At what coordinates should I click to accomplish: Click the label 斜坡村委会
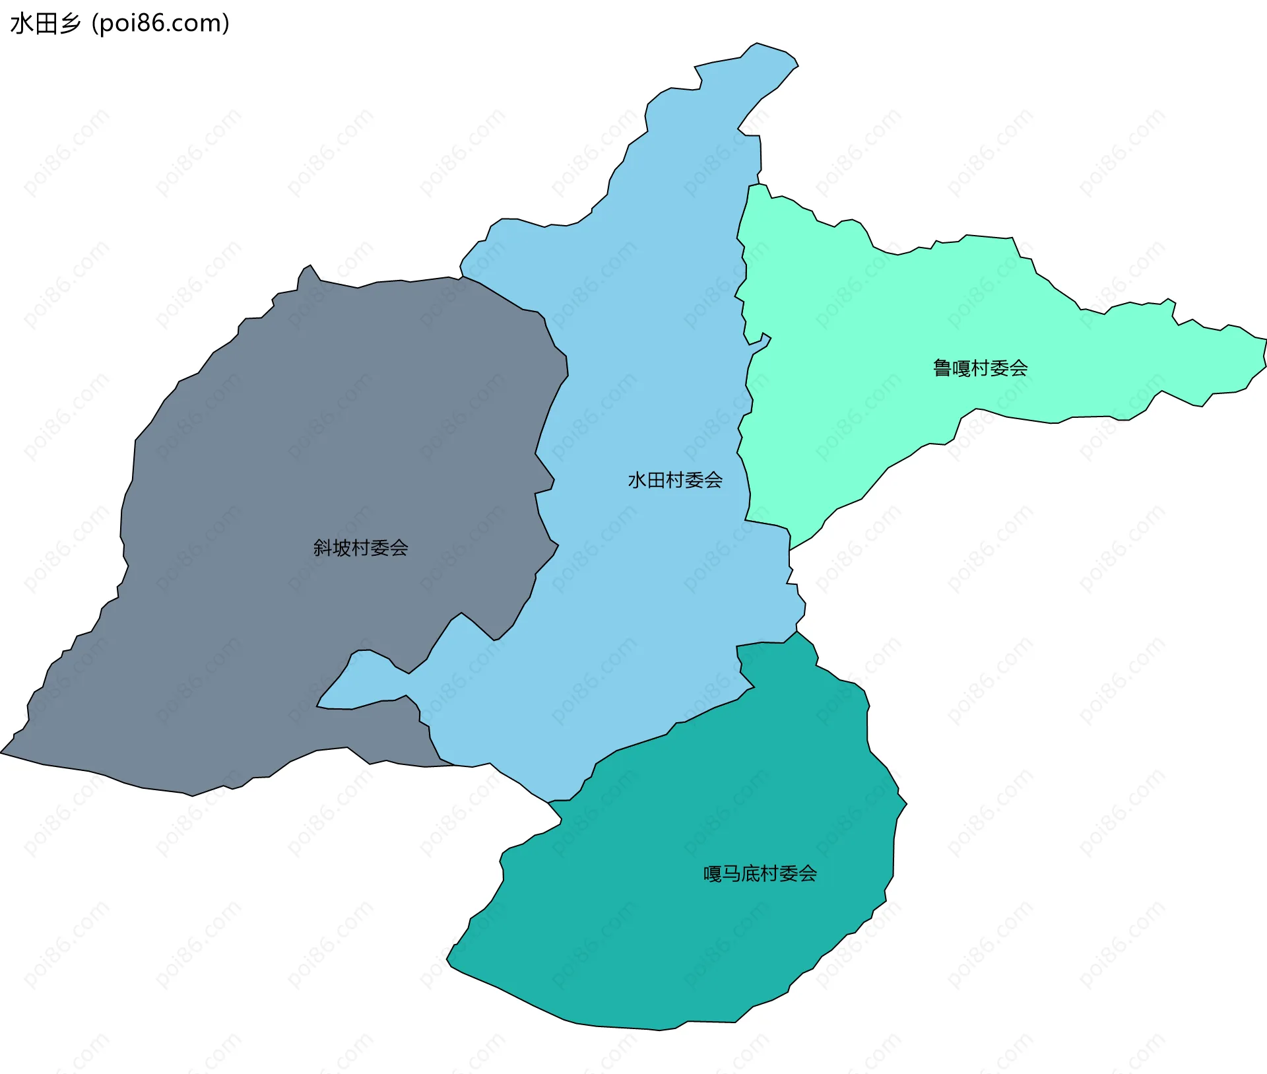point(360,548)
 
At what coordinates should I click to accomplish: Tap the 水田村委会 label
point(675,480)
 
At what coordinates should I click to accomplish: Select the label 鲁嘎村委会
point(980,368)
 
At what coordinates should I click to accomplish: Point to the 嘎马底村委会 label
point(760,874)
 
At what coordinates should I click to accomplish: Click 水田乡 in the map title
point(45,23)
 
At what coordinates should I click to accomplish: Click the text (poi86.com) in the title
point(160,23)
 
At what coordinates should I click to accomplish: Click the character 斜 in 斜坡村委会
point(323,548)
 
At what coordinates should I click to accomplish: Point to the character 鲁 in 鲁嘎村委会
point(942,368)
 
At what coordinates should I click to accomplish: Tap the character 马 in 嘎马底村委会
point(731,874)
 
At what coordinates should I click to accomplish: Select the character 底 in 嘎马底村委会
point(750,874)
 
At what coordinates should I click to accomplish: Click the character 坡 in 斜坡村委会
point(342,548)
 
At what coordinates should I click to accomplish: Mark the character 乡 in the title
point(70,23)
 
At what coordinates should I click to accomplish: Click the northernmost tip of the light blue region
point(758,45)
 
